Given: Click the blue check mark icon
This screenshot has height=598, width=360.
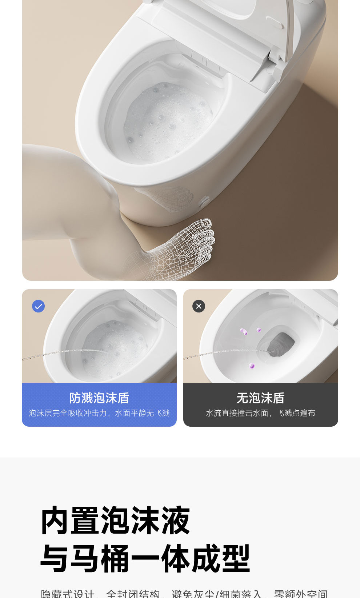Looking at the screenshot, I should (39, 306).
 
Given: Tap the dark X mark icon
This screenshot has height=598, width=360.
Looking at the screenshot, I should (199, 306).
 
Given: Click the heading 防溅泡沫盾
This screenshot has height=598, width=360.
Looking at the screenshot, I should (99, 398).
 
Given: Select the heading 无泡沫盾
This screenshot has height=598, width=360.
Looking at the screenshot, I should (261, 398).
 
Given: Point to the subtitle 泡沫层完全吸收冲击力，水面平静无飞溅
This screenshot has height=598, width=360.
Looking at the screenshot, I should (99, 413).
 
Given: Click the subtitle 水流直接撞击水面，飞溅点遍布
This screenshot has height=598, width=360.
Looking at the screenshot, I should (261, 413).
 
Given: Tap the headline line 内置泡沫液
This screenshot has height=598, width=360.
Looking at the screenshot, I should (115, 521).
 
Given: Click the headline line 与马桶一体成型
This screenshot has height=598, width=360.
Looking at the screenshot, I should (145, 558).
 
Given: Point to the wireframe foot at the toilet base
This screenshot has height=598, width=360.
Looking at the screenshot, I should (189, 244).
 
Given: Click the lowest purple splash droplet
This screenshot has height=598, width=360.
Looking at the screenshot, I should (252, 366).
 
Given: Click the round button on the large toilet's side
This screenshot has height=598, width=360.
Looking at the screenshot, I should (205, 201).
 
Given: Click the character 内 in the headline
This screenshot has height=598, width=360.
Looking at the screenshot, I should (55, 521).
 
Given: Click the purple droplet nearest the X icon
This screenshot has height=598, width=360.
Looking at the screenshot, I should (244, 332).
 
